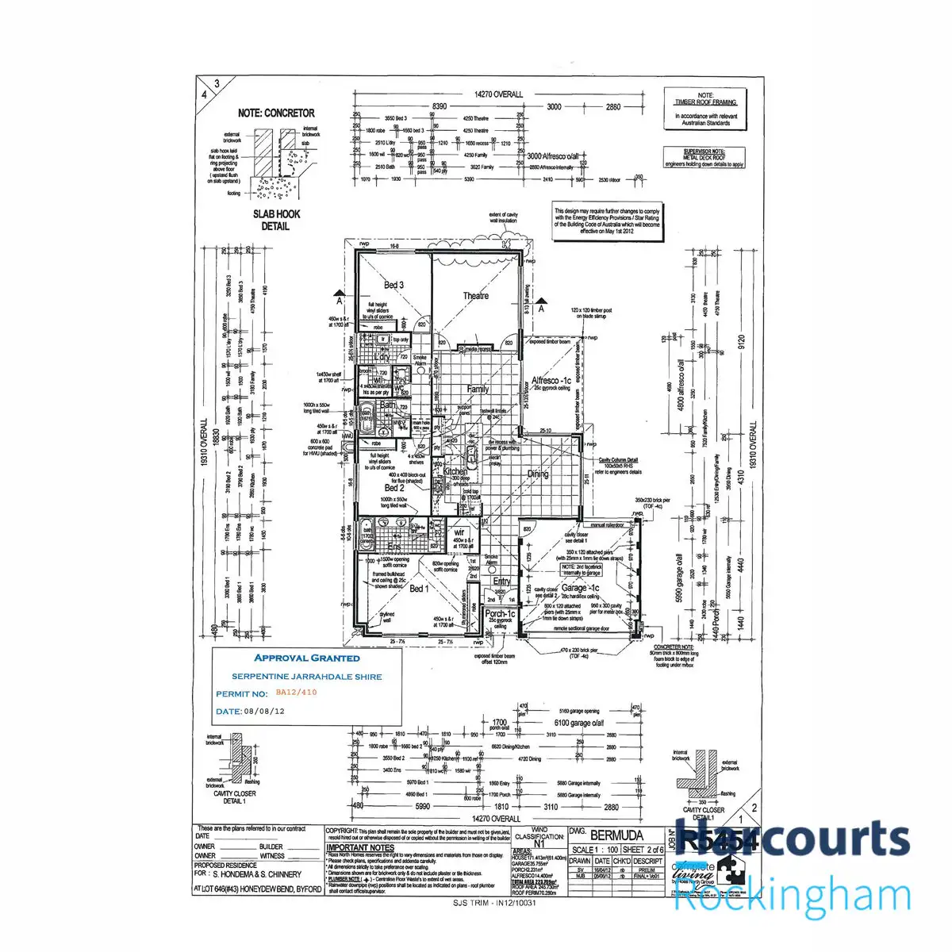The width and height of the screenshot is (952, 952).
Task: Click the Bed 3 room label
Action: pyautogui.click(x=394, y=286)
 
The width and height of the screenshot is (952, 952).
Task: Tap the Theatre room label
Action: pyautogui.click(x=476, y=296)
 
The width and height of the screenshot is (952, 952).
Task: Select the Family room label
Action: pyautogui.click(x=478, y=390)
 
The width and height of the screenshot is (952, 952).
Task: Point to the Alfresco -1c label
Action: pyautogui.click(x=551, y=381)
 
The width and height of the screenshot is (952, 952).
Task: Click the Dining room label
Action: pyautogui.click(x=539, y=474)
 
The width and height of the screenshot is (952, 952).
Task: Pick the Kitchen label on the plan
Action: pyautogui.click(x=455, y=472)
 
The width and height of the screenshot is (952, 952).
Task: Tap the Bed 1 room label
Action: pyautogui.click(x=418, y=589)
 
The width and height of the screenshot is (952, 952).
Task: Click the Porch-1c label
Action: pyautogui.click(x=500, y=614)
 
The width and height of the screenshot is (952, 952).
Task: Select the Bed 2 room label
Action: pyautogui.click(x=394, y=488)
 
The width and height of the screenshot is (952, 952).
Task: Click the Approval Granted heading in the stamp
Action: pyautogui.click(x=306, y=658)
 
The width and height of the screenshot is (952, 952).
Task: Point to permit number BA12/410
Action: pyautogui.click(x=301, y=693)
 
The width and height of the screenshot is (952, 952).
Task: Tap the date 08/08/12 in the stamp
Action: pyautogui.click(x=264, y=712)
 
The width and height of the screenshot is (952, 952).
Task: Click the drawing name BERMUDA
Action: pyautogui.click(x=617, y=836)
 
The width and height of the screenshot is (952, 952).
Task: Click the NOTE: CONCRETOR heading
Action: pyautogui.click(x=276, y=113)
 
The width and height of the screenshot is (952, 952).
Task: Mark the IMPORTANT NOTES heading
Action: pyautogui.click(x=360, y=848)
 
